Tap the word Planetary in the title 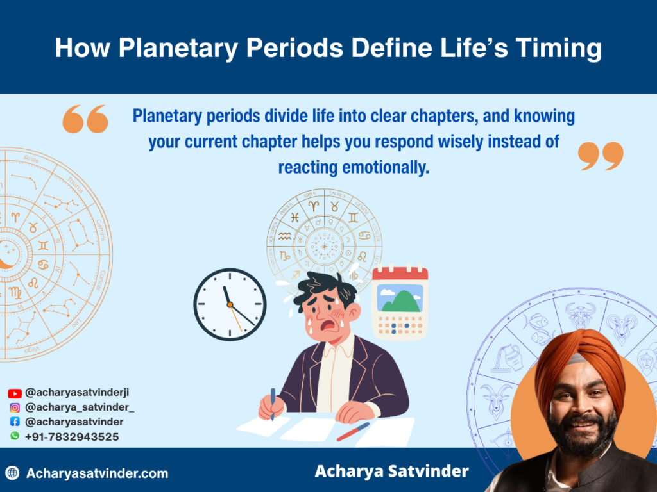tap(169, 49)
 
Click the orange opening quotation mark tap(85, 119)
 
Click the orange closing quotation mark tap(601, 156)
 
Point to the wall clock tap(230, 304)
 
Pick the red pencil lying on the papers tap(354, 431)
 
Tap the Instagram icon tap(15, 407)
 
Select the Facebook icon tap(15, 422)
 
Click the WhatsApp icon tap(15, 436)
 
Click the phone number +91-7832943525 tap(72, 436)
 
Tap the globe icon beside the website tap(12, 473)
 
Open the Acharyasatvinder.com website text tap(97, 473)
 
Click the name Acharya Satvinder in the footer tap(391, 471)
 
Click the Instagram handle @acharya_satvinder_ tap(80, 407)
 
